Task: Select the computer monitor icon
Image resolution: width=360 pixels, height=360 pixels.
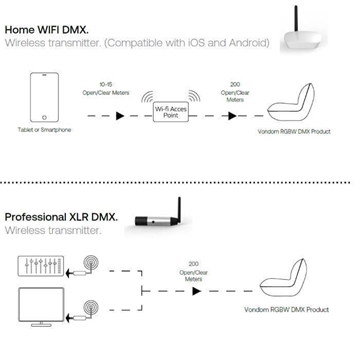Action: click(x=39, y=307)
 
